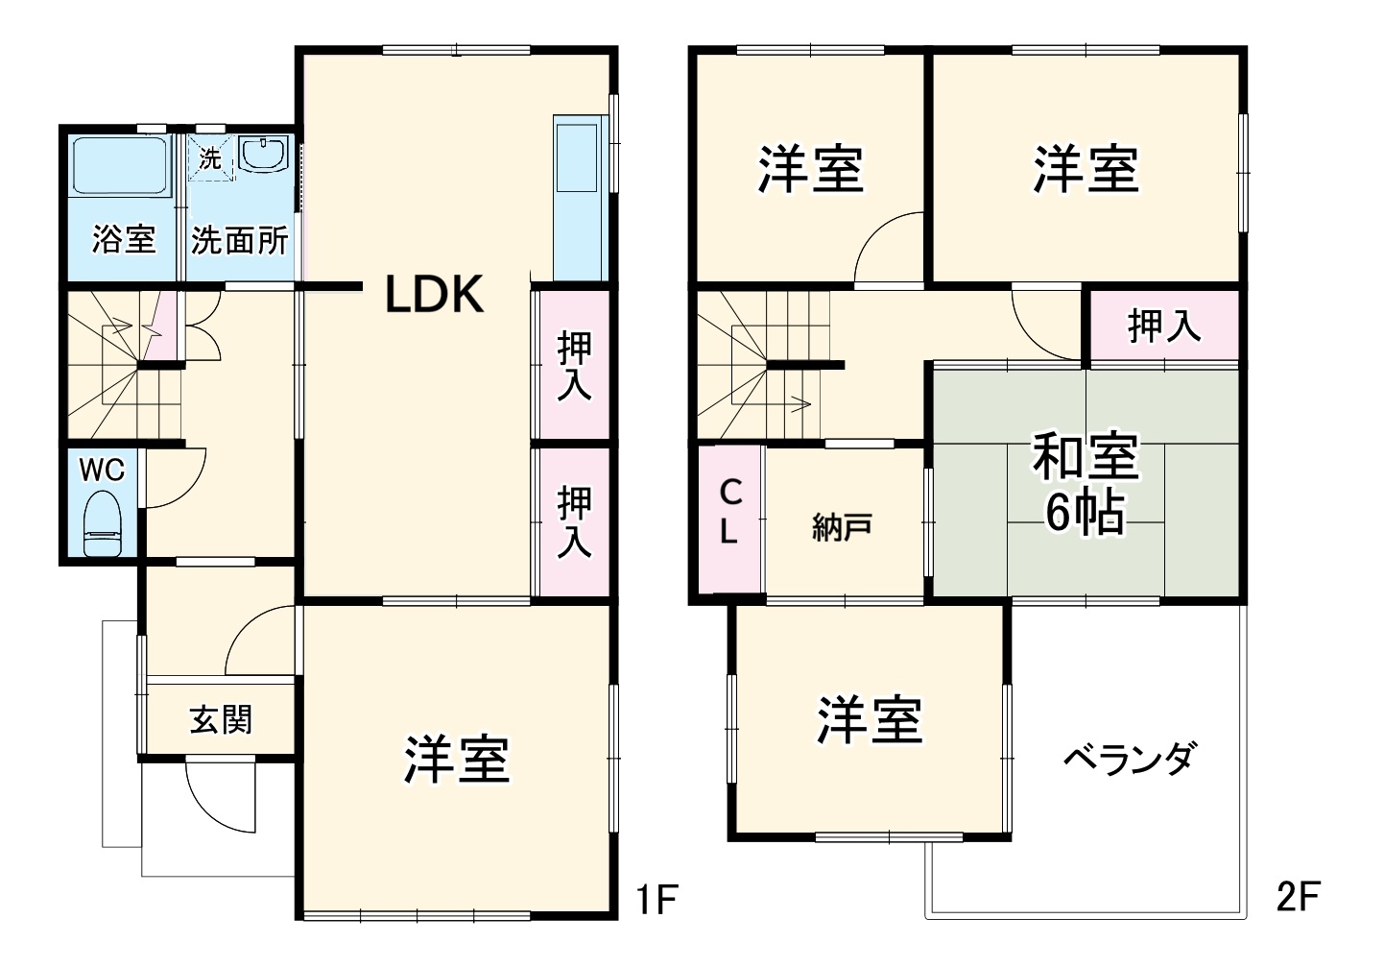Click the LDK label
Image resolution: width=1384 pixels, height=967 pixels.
pos(434,295)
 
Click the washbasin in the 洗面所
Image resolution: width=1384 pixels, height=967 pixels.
pos(263,154)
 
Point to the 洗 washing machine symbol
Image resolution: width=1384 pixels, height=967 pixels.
pos(210,159)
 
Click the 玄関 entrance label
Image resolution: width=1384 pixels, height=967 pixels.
pos(221,719)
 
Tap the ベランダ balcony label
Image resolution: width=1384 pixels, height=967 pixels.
pos(1129,760)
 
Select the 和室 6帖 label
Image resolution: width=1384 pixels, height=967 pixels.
pos(1086,483)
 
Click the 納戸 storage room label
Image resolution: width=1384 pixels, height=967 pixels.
pos(842,527)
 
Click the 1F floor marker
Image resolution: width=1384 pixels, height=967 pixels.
pos(656,900)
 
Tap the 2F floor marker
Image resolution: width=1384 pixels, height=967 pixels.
pos(1298,897)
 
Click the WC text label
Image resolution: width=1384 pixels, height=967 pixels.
pos(102,470)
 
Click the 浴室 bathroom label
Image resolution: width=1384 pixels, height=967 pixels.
pos(124,239)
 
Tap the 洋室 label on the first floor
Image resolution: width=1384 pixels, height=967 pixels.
pos(456,760)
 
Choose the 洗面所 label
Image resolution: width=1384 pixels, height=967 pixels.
pos(240,240)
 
